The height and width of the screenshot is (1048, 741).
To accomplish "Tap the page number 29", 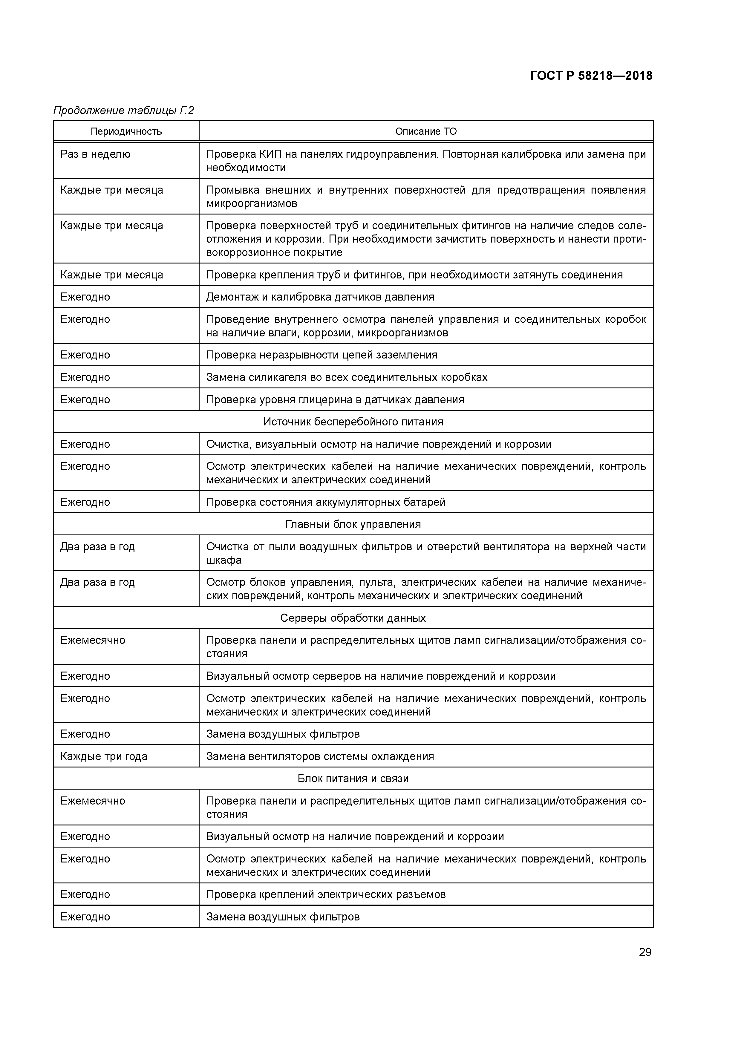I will pos(645,952).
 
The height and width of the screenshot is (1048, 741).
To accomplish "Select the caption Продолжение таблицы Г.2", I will pos(124,111).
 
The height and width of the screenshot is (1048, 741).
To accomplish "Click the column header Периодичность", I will pos(126,131).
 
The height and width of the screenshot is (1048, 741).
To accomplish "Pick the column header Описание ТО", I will pos(425,131).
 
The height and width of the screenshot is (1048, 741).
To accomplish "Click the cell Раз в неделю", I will pos(95,154).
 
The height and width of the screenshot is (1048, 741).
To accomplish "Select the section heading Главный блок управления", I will pos(353,524).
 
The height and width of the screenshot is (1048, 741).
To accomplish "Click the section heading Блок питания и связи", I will pos(353,778).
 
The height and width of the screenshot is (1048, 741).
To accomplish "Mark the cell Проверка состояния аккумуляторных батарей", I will pos(325,502).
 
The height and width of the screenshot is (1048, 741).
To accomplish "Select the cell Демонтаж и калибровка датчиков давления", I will pos(320,297).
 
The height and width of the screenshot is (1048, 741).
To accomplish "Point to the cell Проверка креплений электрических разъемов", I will pos(325,894).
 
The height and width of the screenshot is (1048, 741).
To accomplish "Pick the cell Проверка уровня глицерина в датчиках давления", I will pos(335,400).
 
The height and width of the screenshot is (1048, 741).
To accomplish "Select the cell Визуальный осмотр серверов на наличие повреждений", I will pos(380,676).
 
